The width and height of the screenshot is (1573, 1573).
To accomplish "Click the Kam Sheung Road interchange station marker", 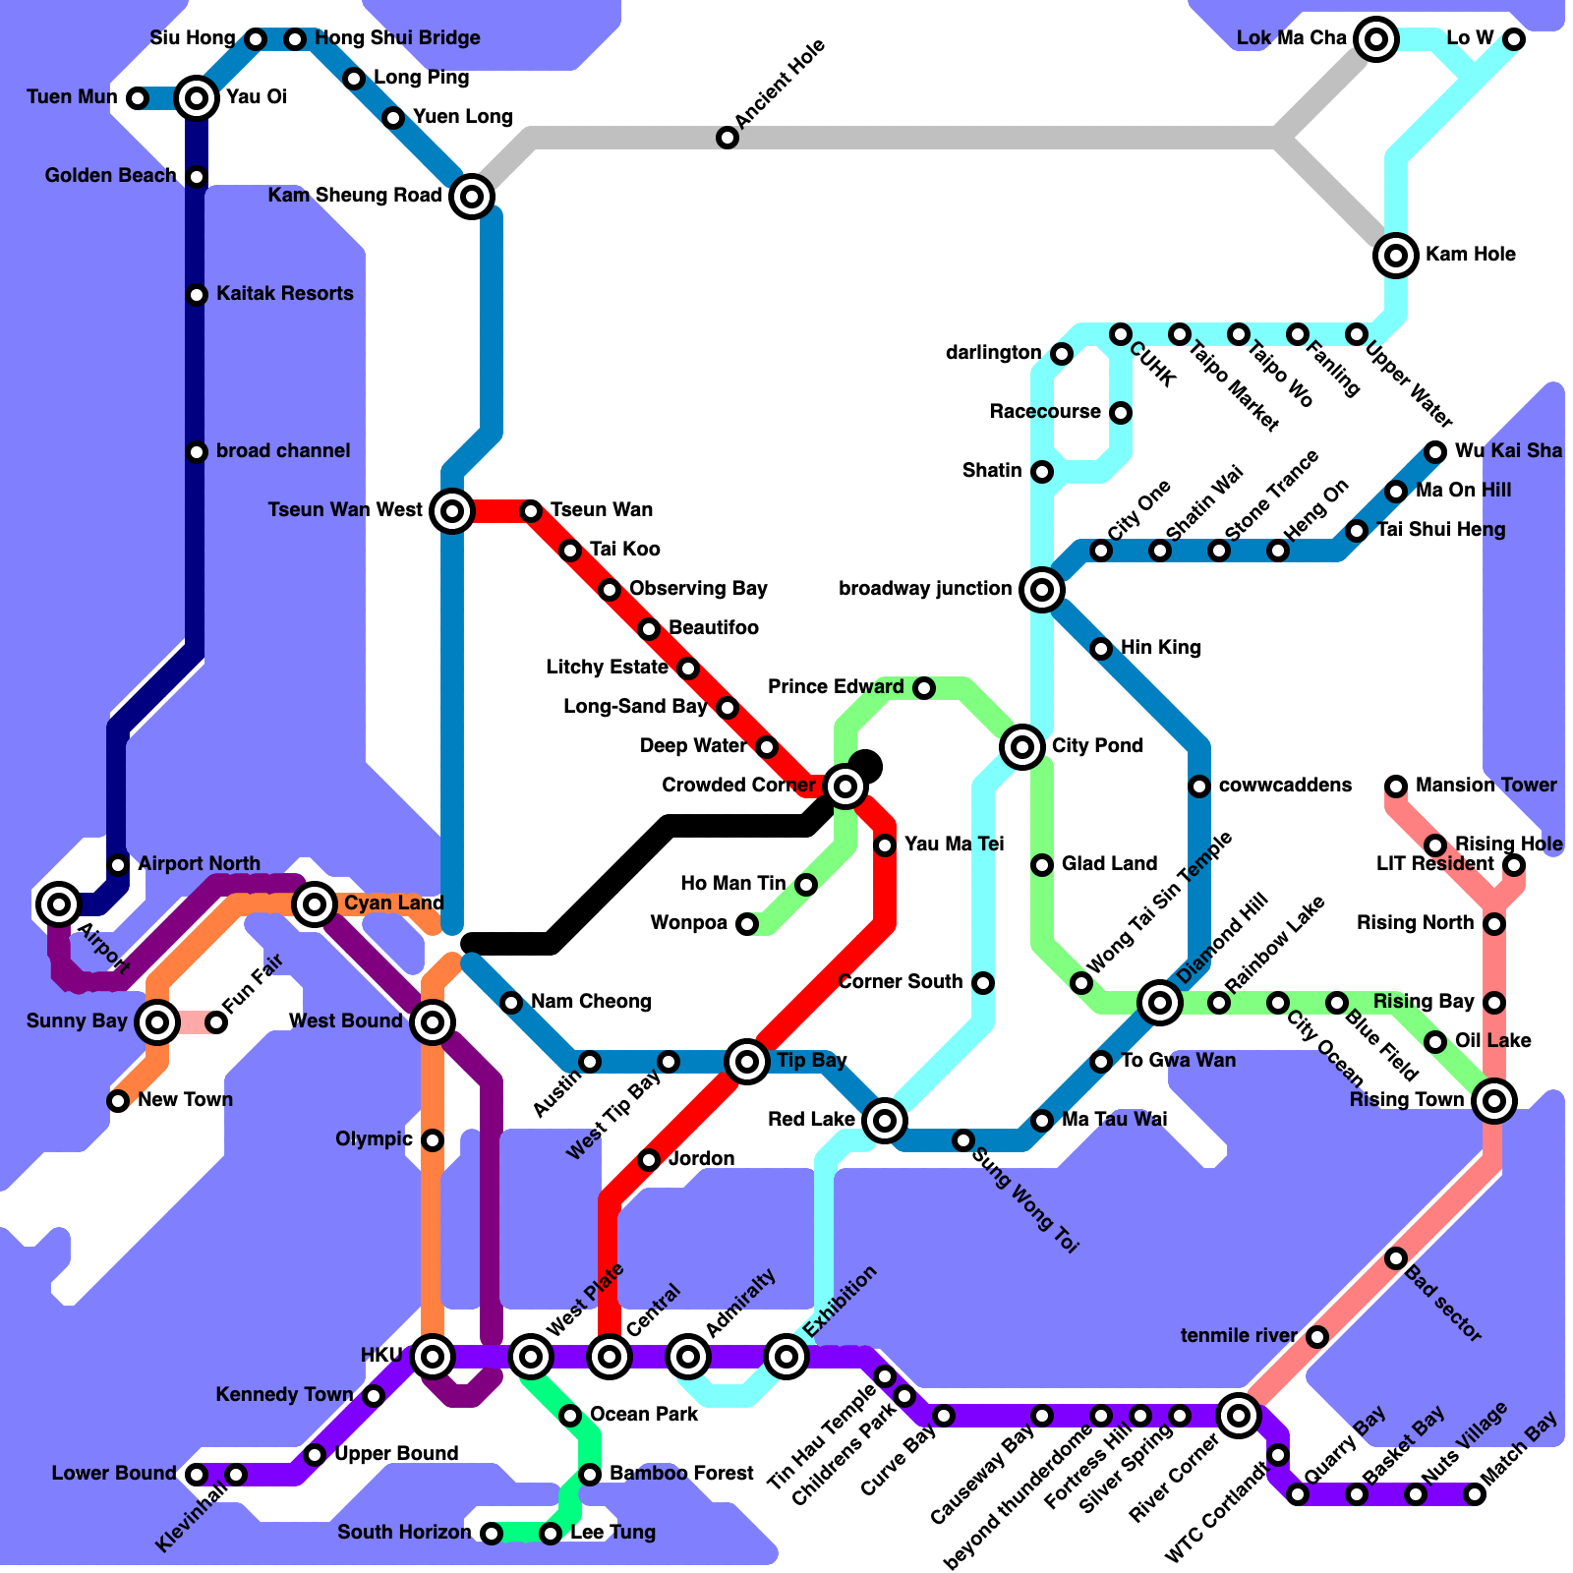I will coord(472,197).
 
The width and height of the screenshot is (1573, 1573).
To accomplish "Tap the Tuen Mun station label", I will coord(72,97).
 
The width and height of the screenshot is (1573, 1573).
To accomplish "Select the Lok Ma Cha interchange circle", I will coord(1376,39).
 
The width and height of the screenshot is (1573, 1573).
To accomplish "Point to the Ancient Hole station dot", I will coord(727,138).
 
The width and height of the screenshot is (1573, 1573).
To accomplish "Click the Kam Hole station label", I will coord(1470,255).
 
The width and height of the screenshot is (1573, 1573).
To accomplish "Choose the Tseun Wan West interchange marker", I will coord(452,511).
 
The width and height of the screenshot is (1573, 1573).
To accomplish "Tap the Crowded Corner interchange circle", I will coord(845,786).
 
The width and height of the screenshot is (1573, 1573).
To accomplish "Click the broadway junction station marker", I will coord(1042,590).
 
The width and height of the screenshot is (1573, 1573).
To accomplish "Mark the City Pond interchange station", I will coord(1022,747).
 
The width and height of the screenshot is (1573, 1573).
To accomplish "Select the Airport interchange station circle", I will coord(59,903).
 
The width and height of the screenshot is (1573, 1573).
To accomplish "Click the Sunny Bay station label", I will coord(77,1021).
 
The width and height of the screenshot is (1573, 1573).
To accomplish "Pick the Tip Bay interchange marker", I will coord(747,1062).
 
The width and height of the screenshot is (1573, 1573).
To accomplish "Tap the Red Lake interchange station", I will coord(885,1120).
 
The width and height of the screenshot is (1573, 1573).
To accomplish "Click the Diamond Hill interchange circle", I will coord(1160,1003).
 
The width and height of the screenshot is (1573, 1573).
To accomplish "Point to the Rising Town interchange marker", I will coord(1494,1101).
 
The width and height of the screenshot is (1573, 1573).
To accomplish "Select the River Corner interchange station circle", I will coord(1239,1416).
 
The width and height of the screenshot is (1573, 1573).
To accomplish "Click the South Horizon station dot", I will coord(492,1533).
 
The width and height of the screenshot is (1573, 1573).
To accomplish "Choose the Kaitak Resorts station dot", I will coord(197,295).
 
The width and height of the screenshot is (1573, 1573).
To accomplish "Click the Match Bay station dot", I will coord(1474,1495).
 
